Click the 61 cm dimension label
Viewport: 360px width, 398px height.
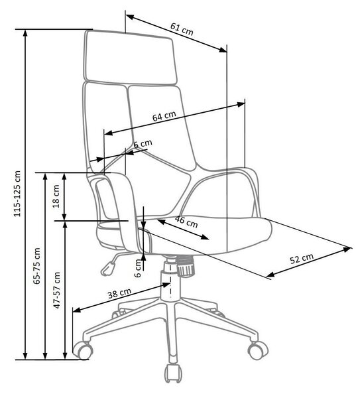coord(182,29)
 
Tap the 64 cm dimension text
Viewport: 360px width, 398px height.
coord(164,116)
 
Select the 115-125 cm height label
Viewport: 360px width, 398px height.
coord(17,194)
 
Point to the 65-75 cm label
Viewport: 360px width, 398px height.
coord(37,266)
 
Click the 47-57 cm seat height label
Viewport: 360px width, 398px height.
coord(57,290)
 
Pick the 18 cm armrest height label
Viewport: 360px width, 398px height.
coord(56,196)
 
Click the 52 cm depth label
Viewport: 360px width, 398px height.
coord(302,259)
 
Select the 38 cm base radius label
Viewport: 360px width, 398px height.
coord(119,293)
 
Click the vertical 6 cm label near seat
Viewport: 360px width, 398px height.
coord(138,268)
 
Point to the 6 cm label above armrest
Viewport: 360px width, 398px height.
coord(143,144)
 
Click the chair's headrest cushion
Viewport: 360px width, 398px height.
coord(131,58)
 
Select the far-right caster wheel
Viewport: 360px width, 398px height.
coord(257,350)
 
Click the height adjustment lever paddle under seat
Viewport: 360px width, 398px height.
coord(108,269)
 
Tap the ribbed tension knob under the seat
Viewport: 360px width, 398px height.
coord(186,266)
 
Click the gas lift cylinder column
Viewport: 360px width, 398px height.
coord(170,279)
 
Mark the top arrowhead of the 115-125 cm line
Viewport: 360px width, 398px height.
coord(25,34)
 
